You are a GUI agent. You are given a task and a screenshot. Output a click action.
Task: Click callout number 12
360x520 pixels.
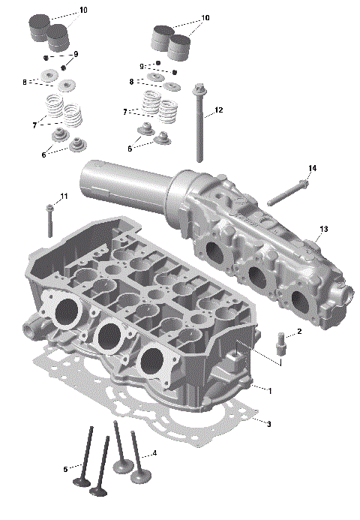218,110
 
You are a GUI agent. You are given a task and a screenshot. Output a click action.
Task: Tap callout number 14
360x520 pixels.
312,168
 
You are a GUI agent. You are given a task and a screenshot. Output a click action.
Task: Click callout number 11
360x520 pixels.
64,196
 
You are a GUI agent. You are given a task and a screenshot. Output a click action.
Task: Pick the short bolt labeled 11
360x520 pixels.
49,221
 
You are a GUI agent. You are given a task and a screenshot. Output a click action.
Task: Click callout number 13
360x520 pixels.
324,229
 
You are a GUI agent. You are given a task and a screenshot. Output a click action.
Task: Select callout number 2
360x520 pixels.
299,331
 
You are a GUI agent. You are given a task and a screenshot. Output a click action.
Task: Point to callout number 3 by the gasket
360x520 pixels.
269,424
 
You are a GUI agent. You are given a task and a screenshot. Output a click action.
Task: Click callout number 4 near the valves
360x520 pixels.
154,453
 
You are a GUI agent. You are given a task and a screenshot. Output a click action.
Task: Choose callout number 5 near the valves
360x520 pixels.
66,470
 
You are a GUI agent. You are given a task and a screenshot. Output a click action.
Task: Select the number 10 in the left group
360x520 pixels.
82,11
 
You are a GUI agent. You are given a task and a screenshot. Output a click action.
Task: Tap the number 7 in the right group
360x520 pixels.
124,112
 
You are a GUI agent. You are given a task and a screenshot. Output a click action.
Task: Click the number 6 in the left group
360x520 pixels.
43,154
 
